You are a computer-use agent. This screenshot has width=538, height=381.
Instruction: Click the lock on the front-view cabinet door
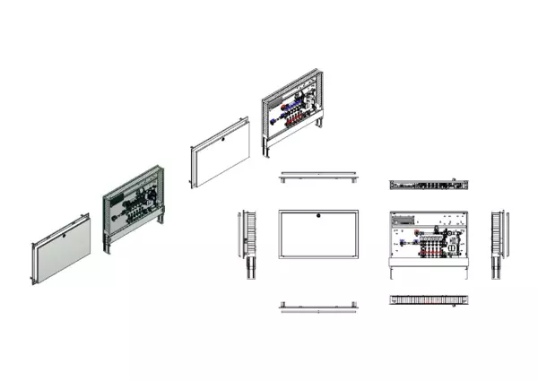point(318,216)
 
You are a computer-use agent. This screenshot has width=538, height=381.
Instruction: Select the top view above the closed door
point(318,177)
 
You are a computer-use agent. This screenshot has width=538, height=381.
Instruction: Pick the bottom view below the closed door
point(318,306)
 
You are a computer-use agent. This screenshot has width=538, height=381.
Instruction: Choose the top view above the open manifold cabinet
point(430,185)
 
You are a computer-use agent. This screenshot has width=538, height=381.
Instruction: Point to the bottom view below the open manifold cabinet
point(430,301)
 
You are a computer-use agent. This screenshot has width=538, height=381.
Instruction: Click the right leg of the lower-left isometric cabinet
point(162,220)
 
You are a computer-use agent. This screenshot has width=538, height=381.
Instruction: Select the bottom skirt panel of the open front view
point(430,267)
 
